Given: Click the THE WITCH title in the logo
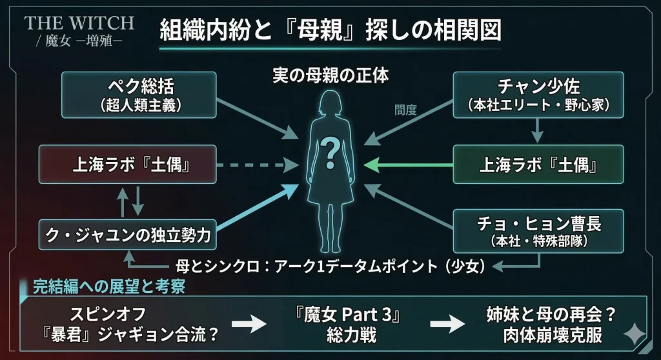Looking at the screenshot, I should coord(79,23).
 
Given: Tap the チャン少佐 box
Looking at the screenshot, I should coord(538,94).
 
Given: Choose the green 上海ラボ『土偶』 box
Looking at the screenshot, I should coord(538,165).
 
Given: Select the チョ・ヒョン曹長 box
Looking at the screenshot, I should coord(538,230).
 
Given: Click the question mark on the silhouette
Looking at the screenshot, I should coord(330,152).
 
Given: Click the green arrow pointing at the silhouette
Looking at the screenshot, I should coord(407,165).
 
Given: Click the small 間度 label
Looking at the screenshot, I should coord(405,110).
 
